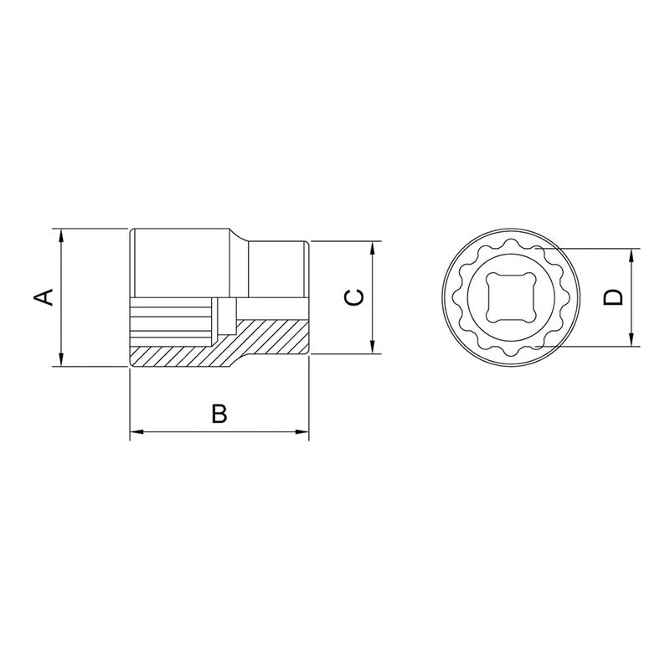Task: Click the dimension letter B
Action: tap(219, 414)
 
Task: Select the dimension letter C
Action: tap(355, 297)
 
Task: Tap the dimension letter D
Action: tap(614, 296)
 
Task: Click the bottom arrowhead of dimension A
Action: tap(61, 360)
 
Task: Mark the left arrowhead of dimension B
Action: tap(136, 432)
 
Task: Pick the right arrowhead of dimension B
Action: tap(303, 432)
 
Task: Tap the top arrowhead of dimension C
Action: tap(372, 248)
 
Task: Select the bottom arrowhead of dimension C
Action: tap(372, 348)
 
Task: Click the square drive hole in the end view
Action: tap(502, 297)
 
